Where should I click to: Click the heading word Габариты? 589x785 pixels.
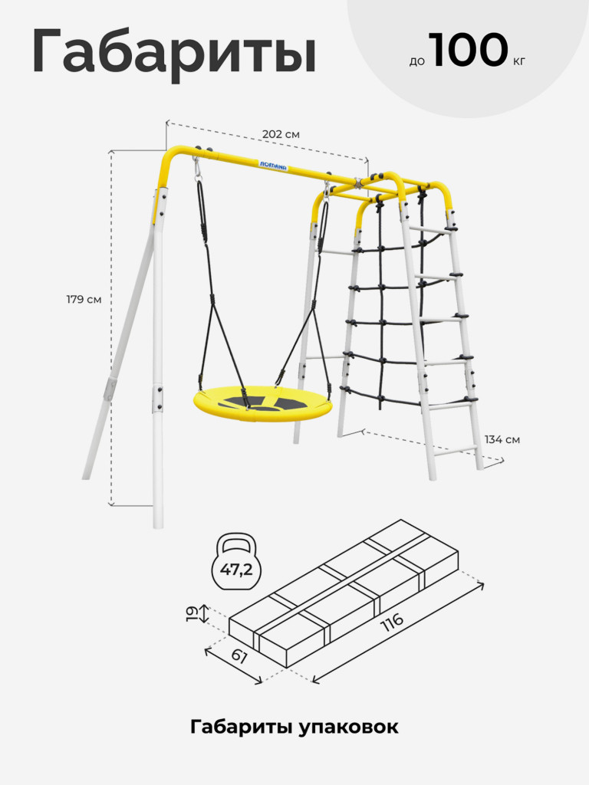[x=174, y=52]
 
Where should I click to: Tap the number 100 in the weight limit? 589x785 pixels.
[x=468, y=50]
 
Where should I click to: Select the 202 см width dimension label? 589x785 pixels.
[x=281, y=135]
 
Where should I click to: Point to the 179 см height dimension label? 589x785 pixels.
[x=84, y=300]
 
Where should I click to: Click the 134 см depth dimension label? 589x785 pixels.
[x=502, y=439]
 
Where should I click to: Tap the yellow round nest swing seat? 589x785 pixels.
[x=263, y=403]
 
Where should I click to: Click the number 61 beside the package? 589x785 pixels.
[x=239, y=656]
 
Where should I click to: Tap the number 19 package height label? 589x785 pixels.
[x=191, y=614]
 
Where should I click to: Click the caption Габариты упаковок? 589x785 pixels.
[x=294, y=727]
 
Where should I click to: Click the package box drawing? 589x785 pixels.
[x=344, y=594]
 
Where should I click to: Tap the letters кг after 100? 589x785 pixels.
[x=519, y=62]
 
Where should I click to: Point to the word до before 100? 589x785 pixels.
[x=416, y=61]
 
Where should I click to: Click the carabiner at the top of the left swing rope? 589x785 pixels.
[x=197, y=169]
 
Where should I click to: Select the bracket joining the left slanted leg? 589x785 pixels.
[x=110, y=389]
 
